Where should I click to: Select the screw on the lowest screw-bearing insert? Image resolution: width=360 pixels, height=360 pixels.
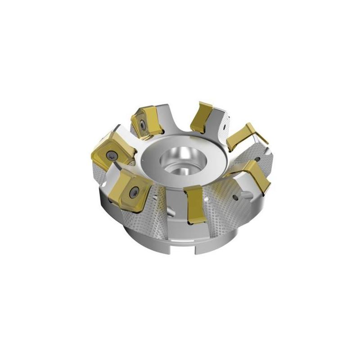[x=133, y=193]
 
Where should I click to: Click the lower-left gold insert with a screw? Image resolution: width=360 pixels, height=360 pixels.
[x=130, y=189]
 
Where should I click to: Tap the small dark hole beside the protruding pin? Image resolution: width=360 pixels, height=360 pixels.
[x=236, y=198]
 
